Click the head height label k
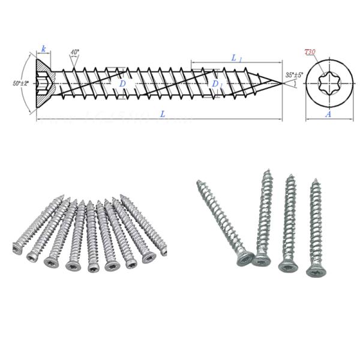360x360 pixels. [43, 47]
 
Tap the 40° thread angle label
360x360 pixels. [74, 52]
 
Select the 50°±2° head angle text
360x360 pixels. [20, 83]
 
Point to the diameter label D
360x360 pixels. [122, 84]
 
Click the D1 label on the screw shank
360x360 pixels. [216, 85]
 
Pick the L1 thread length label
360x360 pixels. [236, 58]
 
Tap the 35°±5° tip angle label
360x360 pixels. [295, 76]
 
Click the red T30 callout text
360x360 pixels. [310, 52]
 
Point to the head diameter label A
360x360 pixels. [328, 113]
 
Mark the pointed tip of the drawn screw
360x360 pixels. [281, 83]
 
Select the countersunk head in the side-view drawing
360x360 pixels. [45, 83]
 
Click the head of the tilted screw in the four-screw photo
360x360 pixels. [244, 259]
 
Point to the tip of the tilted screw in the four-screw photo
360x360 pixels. [199, 182]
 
